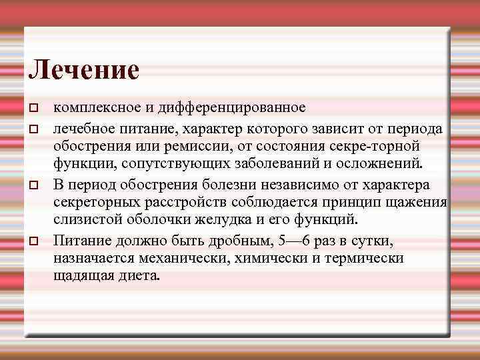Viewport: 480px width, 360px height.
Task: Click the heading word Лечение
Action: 84,69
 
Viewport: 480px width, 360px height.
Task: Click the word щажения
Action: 422,202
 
